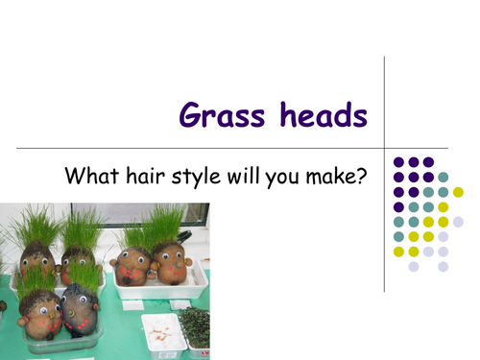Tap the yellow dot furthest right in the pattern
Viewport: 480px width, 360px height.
459,192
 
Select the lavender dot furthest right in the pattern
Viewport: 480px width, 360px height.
459,222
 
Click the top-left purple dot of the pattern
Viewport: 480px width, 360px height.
398,162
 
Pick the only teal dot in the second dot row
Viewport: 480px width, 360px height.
444,177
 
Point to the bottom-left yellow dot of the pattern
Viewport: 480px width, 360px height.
398,252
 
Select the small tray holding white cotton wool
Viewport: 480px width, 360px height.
160,330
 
